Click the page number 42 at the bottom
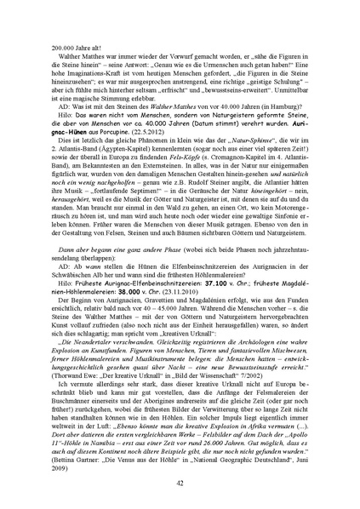tap(180, 481)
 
